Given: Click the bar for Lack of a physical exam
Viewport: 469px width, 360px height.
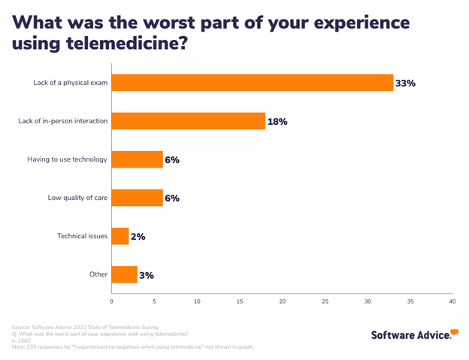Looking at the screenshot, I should pos(253,83).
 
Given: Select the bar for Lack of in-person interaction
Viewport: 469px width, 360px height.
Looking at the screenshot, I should pos(189,121).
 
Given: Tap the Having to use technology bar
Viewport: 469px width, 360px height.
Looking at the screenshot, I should pos(138,159).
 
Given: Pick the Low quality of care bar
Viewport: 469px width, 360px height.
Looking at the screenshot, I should pos(138,198).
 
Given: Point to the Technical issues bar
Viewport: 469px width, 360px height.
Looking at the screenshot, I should pos(120,237).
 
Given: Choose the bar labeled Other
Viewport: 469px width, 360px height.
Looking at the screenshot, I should pos(125,275).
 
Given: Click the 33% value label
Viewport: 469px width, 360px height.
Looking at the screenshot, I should pos(405,83).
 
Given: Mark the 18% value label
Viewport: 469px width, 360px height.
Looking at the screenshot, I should pos(277,122).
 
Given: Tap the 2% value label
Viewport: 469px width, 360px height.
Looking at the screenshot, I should pos(138,237).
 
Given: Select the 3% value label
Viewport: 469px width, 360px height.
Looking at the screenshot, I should pos(146,275).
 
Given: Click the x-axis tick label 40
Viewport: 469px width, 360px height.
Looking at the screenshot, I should pos(452,301).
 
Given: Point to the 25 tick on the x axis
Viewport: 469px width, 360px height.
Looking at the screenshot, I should pos(325,301).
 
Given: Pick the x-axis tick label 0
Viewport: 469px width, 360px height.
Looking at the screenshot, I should pos(112,301).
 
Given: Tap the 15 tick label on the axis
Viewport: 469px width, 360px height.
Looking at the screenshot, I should pos(240,301).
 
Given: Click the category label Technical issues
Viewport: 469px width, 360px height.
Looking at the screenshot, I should pos(83,237).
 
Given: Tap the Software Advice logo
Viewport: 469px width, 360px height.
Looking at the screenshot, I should pos(414,333).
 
